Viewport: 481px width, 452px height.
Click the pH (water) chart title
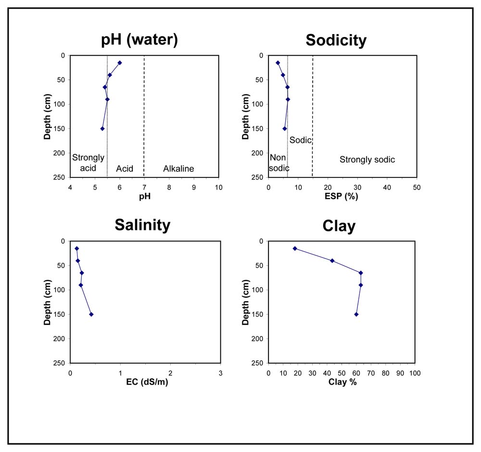[x=139, y=40]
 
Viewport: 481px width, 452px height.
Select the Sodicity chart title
[x=336, y=40]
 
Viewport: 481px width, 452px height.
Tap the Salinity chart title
[x=142, y=225]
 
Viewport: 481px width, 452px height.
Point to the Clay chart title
[x=339, y=226]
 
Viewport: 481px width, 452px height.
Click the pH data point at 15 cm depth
[x=120, y=63]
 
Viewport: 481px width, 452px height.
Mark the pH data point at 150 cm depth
[x=102, y=128]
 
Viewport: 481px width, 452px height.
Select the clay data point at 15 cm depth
[x=295, y=248]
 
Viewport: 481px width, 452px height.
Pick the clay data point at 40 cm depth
[x=332, y=261]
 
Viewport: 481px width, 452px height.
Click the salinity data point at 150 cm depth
[x=91, y=314]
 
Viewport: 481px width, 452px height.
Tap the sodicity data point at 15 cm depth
[x=278, y=63]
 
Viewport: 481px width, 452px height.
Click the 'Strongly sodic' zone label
[x=367, y=160]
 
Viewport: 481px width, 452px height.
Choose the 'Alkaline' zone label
[x=178, y=169]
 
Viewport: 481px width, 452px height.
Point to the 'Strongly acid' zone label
[x=88, y=163]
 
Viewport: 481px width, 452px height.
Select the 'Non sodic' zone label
[x=279, y=163]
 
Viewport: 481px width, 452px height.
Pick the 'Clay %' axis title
[x=342, y=382]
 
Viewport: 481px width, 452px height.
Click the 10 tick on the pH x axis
[x=218, y=187]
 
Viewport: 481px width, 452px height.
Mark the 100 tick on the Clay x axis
[x=415, y=373]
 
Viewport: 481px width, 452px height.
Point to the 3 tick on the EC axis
[x=220, y=373]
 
